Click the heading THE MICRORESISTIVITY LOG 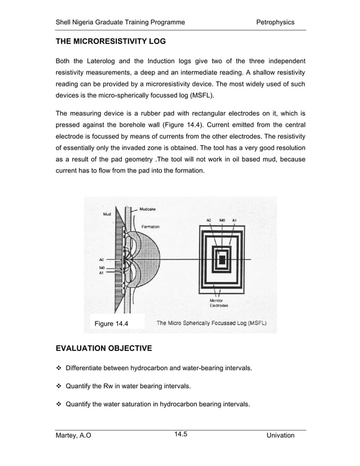click(110, 42)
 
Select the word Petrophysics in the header click(275, 22)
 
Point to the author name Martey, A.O click(73, 436)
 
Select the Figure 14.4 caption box click(111, 323)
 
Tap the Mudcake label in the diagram click(148, 209)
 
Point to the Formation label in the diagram click(151, 226)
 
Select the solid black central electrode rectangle click(222, 260)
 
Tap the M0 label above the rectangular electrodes click(222, 220)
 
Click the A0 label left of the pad click(102, 260)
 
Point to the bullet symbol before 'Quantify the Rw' click(58, 386)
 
